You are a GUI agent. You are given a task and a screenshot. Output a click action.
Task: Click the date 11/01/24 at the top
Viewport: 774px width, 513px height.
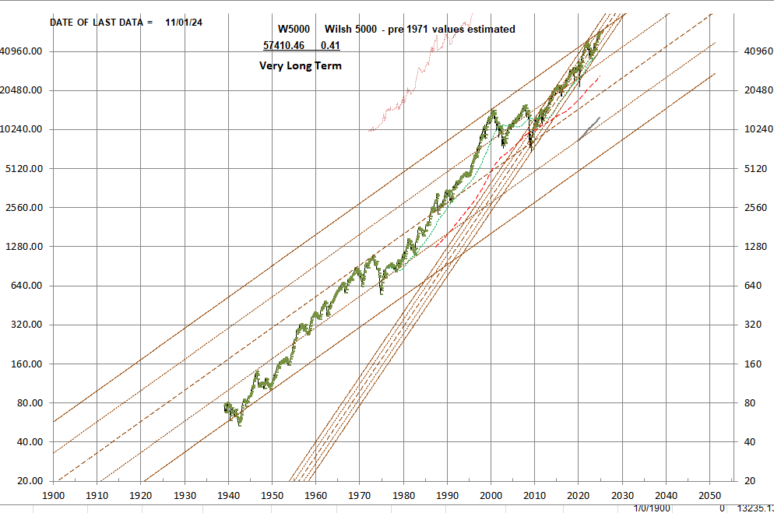pos(184,23)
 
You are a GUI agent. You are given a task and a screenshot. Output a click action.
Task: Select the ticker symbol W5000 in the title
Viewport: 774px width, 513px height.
pos(294,29)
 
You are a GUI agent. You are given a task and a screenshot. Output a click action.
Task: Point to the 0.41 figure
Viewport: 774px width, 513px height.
pos(329,46)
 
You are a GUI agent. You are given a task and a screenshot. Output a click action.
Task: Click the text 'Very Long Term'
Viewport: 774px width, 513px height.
pos(300,66)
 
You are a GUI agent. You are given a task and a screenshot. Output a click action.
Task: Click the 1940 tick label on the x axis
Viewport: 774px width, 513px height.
pos(228,495)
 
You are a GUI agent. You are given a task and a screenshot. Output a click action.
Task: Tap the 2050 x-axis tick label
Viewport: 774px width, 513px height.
pos(709,495)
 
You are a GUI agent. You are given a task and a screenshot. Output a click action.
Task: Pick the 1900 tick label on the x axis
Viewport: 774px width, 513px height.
pos(53,495)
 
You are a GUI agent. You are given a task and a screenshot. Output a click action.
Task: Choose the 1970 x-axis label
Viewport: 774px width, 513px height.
pos(359,495)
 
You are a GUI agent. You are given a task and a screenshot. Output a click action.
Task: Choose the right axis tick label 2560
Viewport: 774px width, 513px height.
pos(753,208)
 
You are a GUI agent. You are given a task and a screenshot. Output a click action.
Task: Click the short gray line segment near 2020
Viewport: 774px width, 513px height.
pos(589,129)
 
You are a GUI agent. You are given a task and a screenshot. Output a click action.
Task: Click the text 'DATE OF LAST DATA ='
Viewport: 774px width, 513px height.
pos(101,23)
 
